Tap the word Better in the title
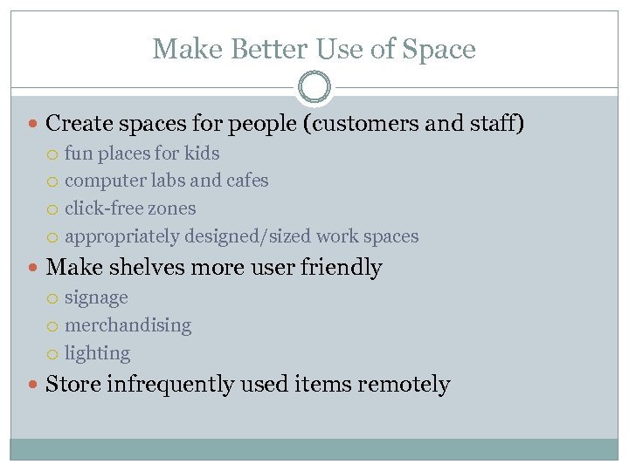tap(260, 49)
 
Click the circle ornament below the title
tap(314, 88)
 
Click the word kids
tap(202, 154)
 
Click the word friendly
tap(342, 267)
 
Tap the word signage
tap(96, 297)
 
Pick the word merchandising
tap(128, 325)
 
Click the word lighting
tap(97, 353)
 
